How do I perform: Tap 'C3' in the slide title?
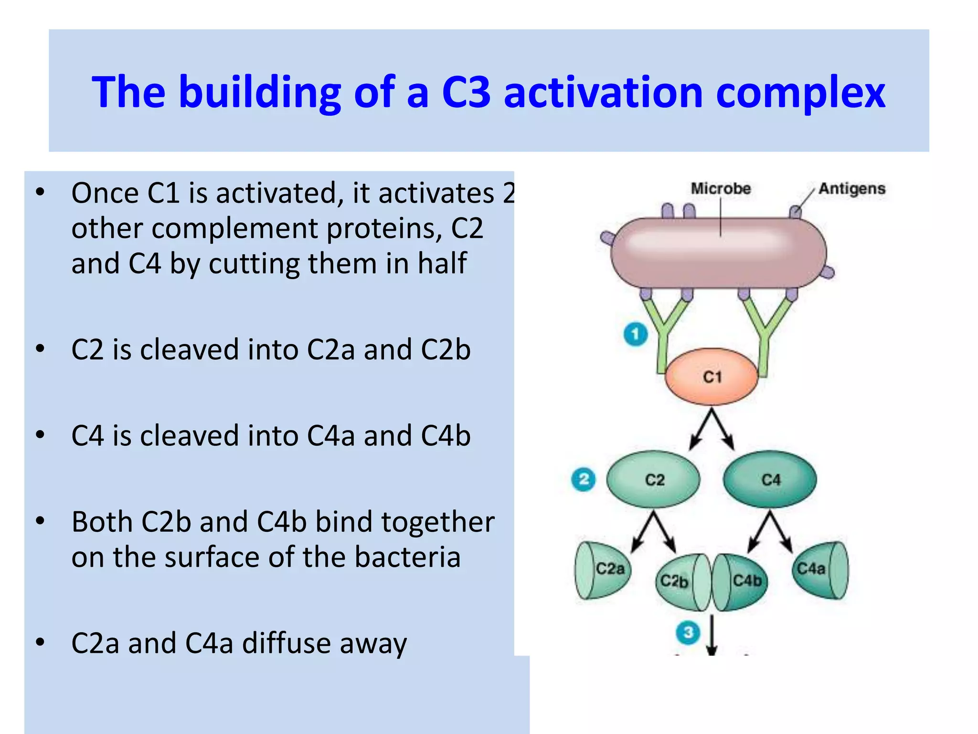coord(466,92)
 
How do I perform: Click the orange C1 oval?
coord(712,377)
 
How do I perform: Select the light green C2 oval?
coord(654,479)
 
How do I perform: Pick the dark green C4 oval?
coord(770,479)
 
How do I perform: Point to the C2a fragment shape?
coord(603,570)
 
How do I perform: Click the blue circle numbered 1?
coord(636,334)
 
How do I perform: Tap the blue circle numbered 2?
coord(583,479)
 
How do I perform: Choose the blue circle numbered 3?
coord(688,633)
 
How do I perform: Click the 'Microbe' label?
coord(721,189)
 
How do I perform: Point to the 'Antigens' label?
coord(852,189)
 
